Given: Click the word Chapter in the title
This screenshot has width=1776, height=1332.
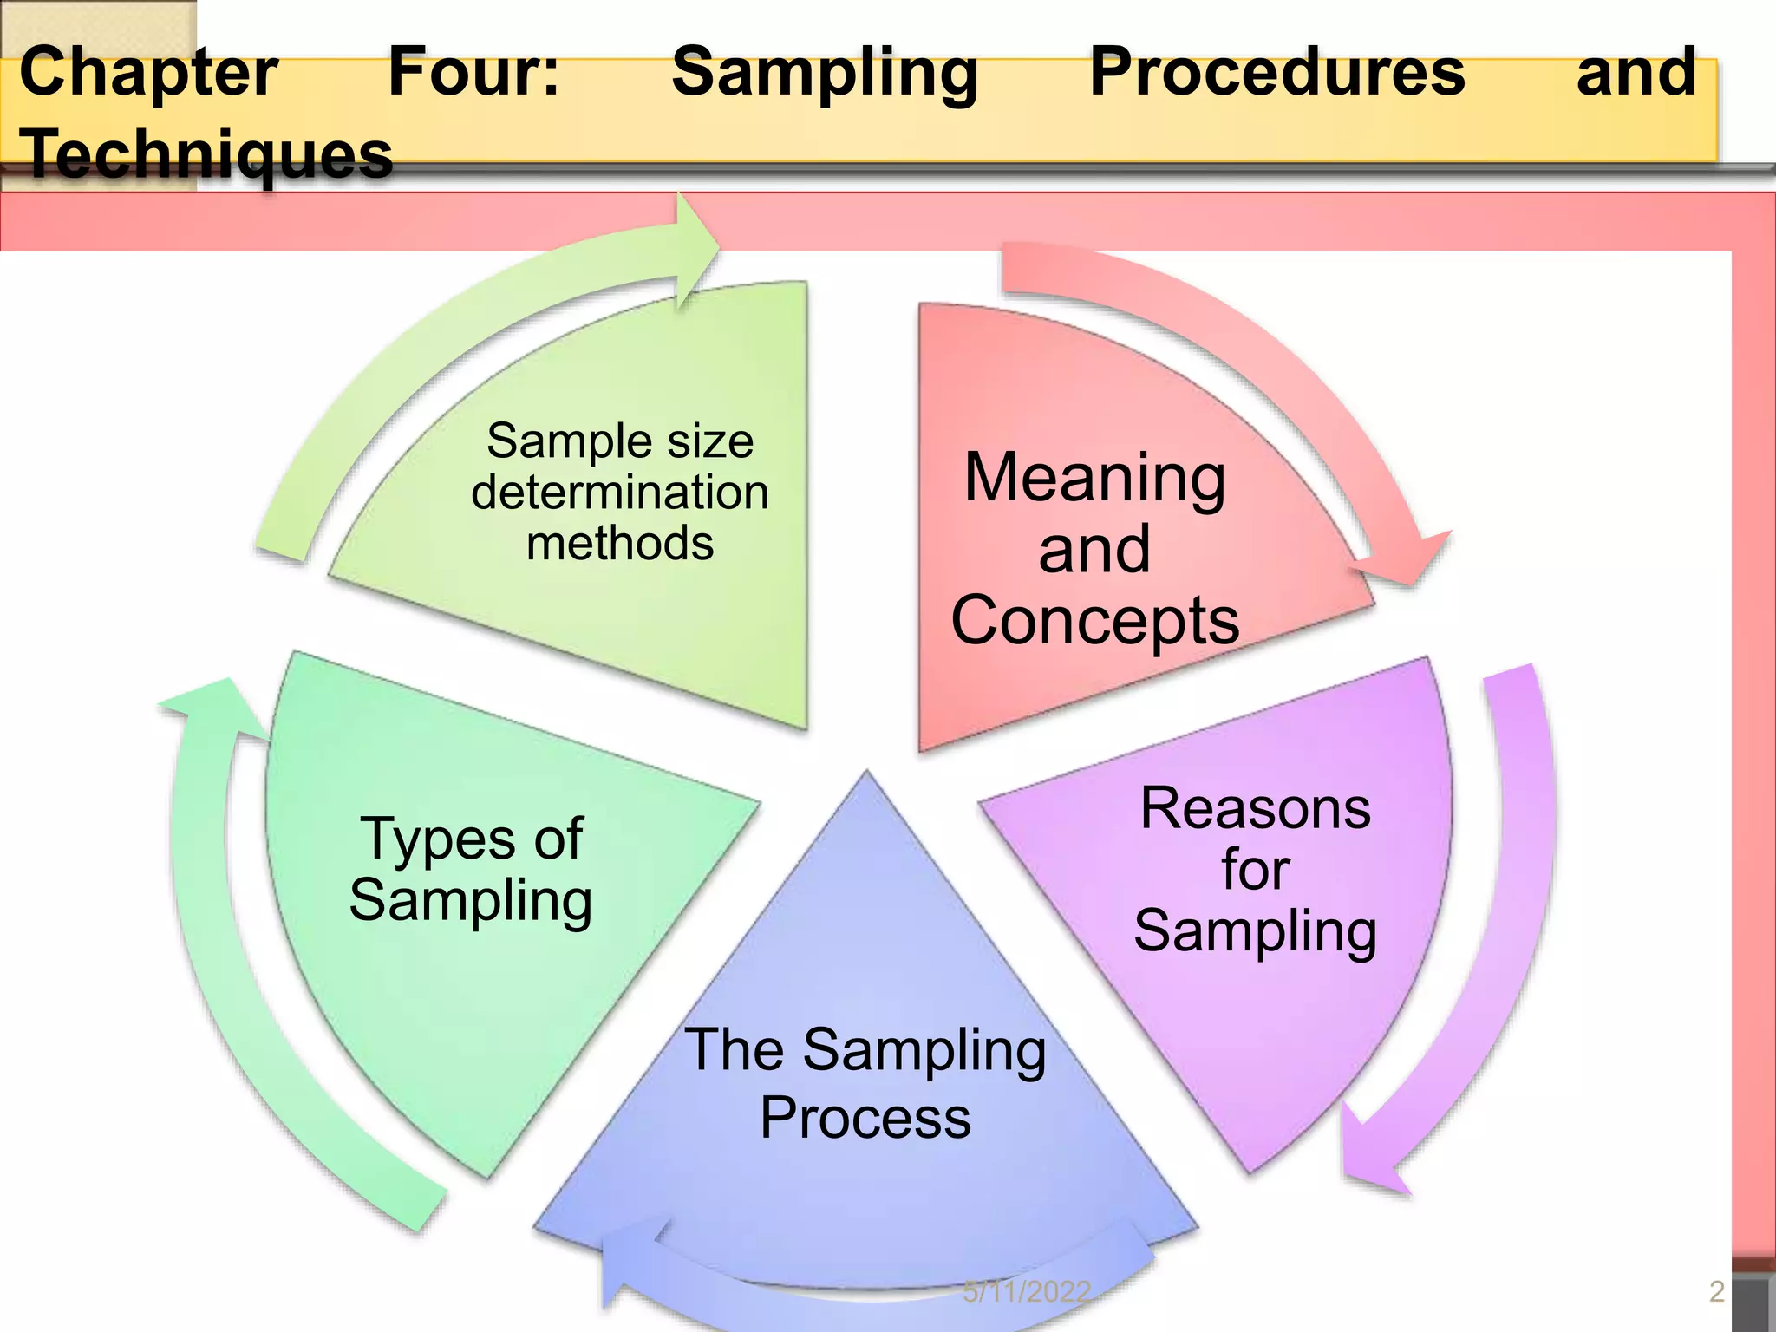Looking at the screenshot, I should point(148,73).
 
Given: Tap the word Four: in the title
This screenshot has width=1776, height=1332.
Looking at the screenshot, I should point(473,73).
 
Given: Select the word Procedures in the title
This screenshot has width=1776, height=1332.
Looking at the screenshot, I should point(1276,73).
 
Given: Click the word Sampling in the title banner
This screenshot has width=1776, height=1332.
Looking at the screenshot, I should point(825,73).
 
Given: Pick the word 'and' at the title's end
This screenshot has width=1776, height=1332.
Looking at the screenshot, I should point(1636,73).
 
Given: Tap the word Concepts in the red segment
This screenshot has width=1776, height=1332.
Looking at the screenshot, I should point(1094,620).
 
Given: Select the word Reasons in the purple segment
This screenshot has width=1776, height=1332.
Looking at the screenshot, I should point(1255,808).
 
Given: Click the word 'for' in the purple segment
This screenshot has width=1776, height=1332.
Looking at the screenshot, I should point(1255,869).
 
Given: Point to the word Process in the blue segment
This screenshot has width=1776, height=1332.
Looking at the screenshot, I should point(865,1118).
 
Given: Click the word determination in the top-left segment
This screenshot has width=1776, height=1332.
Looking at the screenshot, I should point(619,493).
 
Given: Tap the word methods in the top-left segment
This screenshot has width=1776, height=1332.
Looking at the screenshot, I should point(619,544).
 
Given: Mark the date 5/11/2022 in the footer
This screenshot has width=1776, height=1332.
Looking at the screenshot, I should point(1026,1292).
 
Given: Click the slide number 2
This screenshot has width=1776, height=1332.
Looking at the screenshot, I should point(1716,1291).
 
